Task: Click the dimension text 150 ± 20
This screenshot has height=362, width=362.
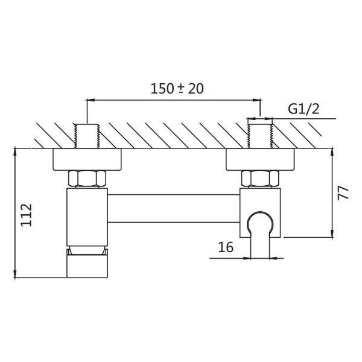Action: pyautogui.click(x=177, y=89)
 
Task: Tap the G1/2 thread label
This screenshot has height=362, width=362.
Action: pyautogui.click(x=303, y=109)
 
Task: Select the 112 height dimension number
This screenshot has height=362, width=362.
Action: pyautogui.click(x=27, y=215)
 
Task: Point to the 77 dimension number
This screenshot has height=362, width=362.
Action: pyautogui.click(x=343, y=193)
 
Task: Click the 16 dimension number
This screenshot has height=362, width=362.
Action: pyautogui.click(x=226, y=247)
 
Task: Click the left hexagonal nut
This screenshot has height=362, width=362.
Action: pyautogui.click(x=87, y=178)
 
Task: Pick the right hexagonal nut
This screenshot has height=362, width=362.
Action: pyautogui.click(x=260, y=178)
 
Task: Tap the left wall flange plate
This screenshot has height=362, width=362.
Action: pyautogui.click(x=87, y=159)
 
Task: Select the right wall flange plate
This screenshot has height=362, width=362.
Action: pyautogui.click(x=260, y=159)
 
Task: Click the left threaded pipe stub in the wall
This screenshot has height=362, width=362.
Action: pyautogui.click(x=87, y=136)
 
